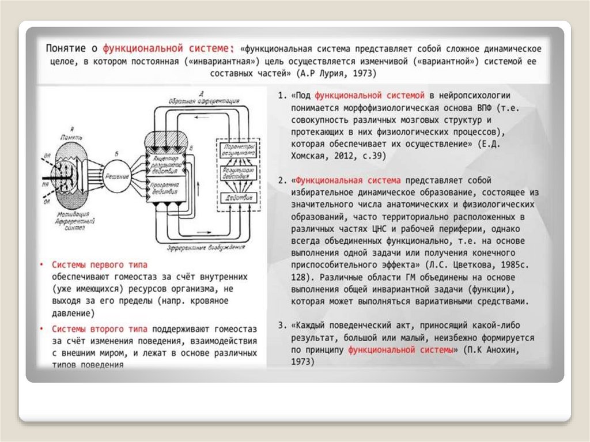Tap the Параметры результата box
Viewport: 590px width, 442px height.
[236, 151]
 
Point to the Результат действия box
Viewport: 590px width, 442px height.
[236, 175]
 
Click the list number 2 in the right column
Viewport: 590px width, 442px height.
[281, 181]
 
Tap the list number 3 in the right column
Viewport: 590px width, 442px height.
[281, 324]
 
